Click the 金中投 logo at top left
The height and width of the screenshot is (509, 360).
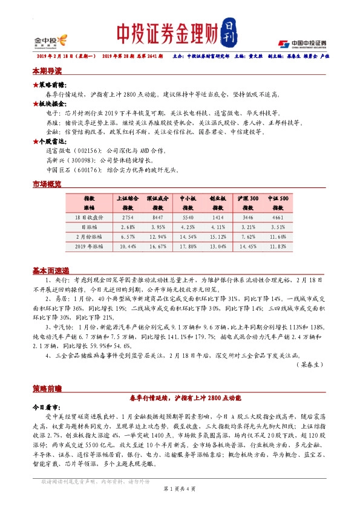click(x=50, y=41)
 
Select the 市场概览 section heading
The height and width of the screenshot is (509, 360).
click(x=47, y=184)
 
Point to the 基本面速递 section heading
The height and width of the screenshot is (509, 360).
click(x=51, y=270)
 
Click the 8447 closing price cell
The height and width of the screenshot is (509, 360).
click(x=159, y=216)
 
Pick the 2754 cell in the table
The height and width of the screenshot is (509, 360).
click(x=127, y=216)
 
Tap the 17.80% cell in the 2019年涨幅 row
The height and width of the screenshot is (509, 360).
click(x=189, y=247)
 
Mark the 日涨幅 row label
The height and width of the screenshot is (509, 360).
click(x=90, y=226)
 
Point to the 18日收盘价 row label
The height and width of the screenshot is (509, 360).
click(x=90, y=216)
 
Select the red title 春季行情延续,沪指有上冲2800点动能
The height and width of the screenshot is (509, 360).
click(x=185, y=398)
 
